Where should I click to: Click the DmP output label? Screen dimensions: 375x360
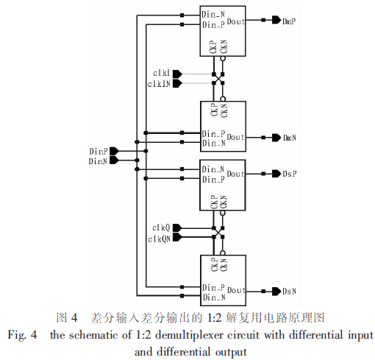click(289, 21)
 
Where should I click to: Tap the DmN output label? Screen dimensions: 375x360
click(290, 138)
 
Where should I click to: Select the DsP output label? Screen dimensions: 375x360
click(290, 174)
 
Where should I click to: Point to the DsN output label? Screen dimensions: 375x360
click(289, 292)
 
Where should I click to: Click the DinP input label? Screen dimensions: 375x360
click(99, 152)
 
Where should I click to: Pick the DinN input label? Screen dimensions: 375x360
click(98, 161)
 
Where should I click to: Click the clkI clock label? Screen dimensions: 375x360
click(162, 73)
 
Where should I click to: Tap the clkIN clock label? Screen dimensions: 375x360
click(159, 84)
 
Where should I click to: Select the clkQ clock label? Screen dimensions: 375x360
click(161, 228)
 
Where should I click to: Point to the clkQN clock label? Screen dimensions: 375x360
click(159, 239)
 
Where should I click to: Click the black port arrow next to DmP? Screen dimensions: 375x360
click(276, 20)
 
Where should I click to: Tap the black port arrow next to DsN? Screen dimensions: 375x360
click(276, 292)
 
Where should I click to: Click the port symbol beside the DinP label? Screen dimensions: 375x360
click(114, 151)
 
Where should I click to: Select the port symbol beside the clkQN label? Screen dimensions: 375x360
click(177, 237)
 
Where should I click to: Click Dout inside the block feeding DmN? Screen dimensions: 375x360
click(235, 137)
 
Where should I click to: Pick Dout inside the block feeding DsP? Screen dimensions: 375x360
click(235, 174)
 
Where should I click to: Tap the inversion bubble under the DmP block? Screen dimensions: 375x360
click(223, 59)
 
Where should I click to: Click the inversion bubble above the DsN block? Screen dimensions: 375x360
click(223, 253)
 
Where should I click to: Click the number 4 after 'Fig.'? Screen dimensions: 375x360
click(34, 335)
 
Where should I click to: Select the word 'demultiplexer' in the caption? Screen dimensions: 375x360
click(189, 335)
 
